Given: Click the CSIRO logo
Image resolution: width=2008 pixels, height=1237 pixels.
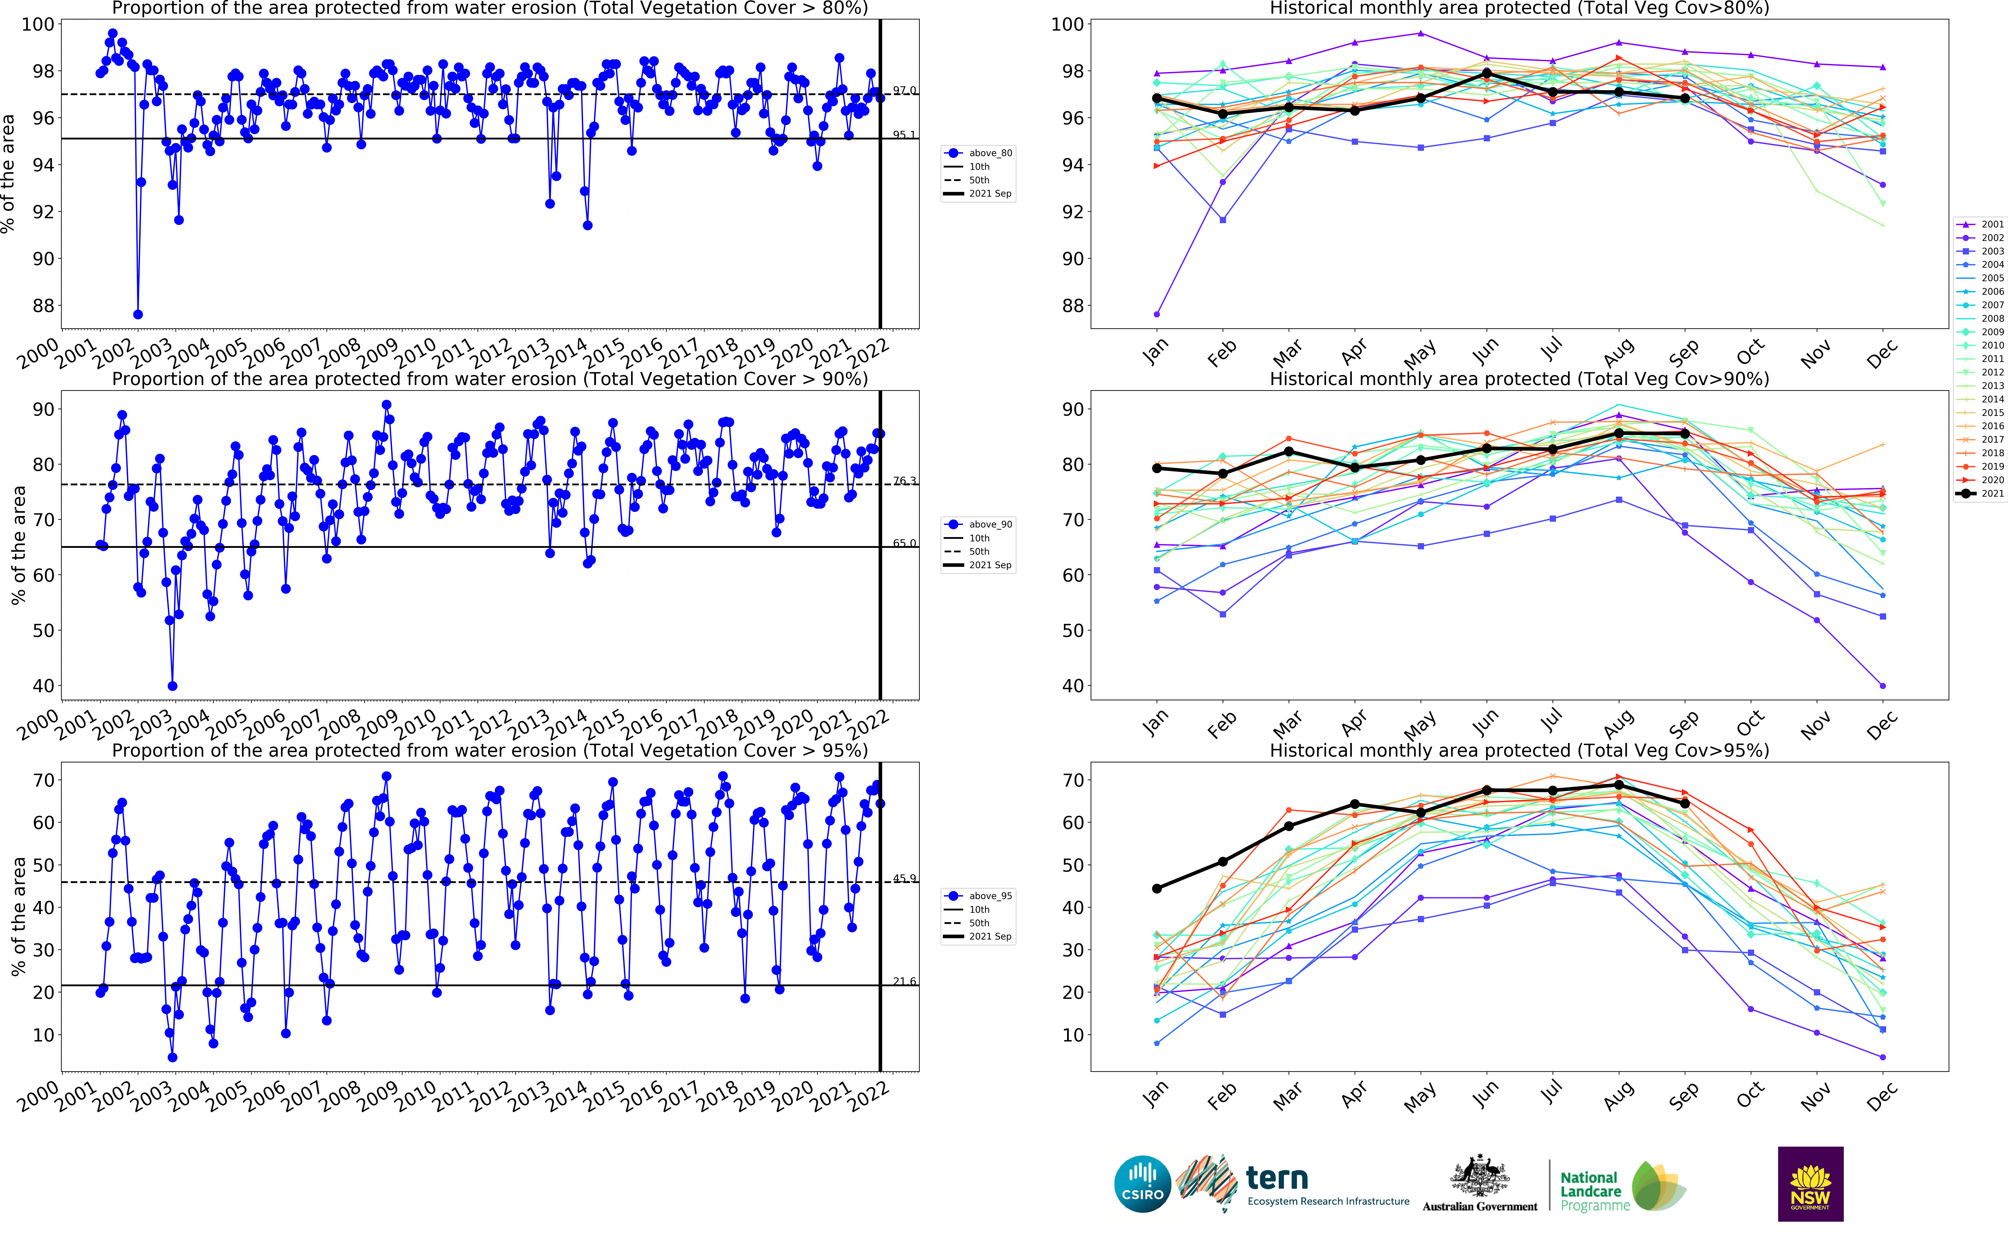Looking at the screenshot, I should pyautogui.click(x=1142, y=1184).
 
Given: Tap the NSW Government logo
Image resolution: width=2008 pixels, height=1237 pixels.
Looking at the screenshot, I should pyautogui.click(x=1810, y=1184).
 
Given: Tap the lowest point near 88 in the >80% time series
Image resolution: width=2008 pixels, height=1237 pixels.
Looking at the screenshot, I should pyautogui.click(x=138, y=314).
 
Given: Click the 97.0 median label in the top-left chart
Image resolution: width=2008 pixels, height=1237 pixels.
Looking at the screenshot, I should pyautogui.click(x=904, y=90).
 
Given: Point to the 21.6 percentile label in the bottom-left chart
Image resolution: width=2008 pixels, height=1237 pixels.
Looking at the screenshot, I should pyautogui.click(x=904, y=981).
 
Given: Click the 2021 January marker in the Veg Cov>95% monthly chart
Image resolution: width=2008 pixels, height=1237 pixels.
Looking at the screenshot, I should pyautogui.click(x=1156, y=889).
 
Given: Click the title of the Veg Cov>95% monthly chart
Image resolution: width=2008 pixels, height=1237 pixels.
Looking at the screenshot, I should pyautogui.click(x=1519, y=750).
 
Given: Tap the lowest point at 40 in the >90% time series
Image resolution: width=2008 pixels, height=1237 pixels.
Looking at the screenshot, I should pyautogui.click(x=172, y=686).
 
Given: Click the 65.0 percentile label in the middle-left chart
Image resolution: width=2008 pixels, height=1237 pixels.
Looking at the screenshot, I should pyautogui.click(x=904, y=543).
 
